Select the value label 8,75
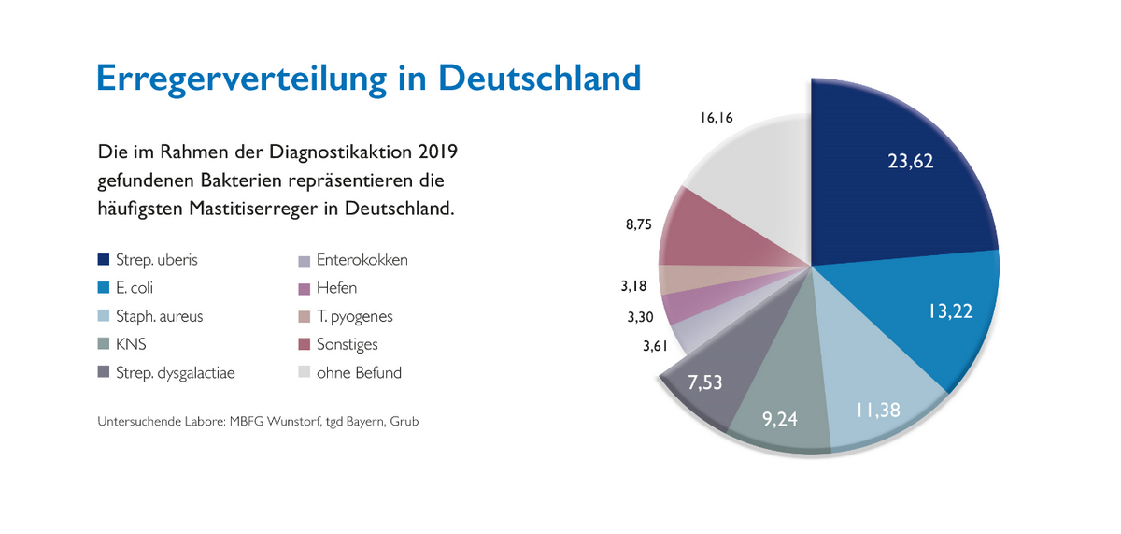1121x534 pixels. (639, 224)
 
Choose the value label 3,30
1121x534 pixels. (639, 318)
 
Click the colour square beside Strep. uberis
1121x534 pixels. (103, 260)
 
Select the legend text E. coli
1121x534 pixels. (135, 288)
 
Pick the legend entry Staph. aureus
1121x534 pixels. (160, 316)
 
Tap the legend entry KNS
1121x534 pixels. (132, 344)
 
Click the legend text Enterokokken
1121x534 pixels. (362, 260)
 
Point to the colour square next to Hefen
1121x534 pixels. (303, 288)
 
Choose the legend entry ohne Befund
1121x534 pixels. (359, 372)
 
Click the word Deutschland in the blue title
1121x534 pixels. (539, 78)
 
